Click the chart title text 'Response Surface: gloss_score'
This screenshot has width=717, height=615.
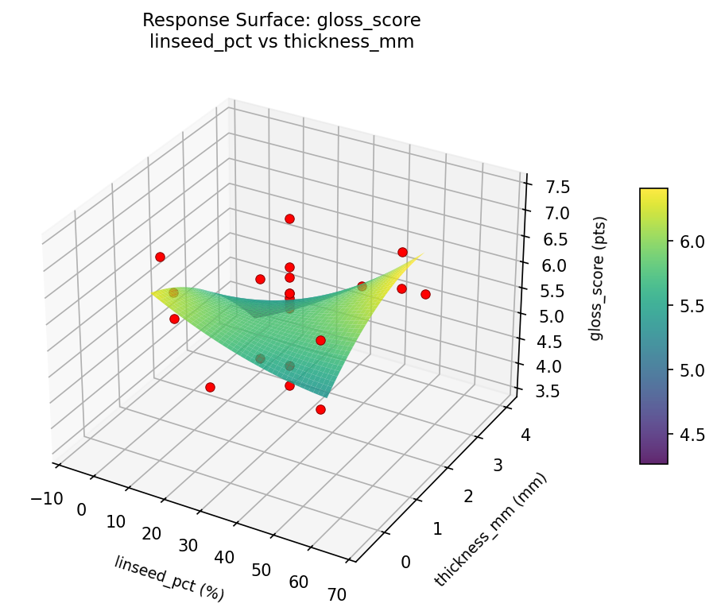coord(281,20)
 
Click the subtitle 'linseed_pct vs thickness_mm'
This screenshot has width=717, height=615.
coord(281,42)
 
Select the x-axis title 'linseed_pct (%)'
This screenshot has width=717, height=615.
coord(169,578)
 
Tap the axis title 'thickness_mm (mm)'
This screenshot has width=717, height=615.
coord(490,531)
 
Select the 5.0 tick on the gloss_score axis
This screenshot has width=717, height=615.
coord(548,315)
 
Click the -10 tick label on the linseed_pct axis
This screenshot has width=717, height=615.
coord(47,498)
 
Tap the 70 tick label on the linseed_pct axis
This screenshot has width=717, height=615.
coord(335,593)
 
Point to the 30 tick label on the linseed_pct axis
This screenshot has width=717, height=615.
coord(188,544)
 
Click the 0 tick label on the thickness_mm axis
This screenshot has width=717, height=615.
coord(406,563)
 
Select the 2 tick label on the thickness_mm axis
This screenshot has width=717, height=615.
coord(470,496)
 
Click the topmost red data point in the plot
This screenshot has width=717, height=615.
coord(289,219)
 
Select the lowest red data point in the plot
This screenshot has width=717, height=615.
coord(320,410)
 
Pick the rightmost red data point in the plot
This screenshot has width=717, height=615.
coord(425,294)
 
